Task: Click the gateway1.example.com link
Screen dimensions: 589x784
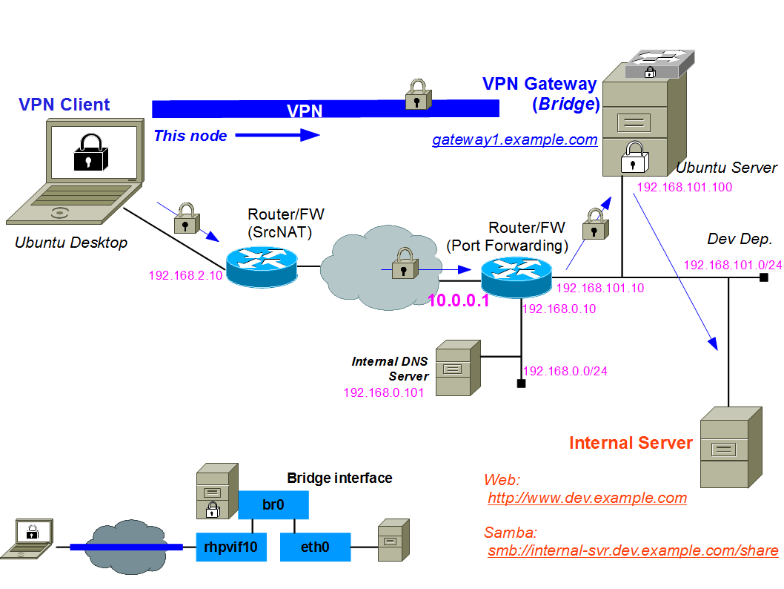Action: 515,139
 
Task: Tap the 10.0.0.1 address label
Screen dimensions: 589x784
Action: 459,300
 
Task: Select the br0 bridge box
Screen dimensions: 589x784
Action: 273,505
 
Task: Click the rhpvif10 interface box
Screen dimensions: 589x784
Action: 231,547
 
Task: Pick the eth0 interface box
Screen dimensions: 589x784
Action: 315,547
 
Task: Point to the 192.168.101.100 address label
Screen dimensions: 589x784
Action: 684,187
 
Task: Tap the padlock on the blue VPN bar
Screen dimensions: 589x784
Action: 417,95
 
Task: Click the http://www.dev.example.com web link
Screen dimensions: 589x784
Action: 587,498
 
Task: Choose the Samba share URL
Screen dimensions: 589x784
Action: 633,550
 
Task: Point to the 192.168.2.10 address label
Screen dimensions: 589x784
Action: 185,275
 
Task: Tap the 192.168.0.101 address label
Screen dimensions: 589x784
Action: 383,392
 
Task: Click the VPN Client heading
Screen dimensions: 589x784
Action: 64,105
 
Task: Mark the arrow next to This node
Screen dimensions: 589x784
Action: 277,135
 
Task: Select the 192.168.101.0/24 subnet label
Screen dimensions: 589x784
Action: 732,265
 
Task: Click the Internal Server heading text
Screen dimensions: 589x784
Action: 631,444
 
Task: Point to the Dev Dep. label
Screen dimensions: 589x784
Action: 740,239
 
